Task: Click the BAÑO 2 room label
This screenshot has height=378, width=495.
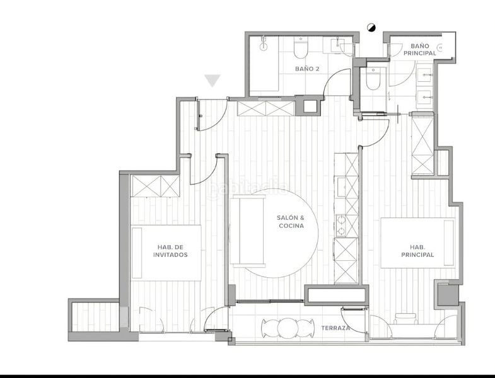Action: (307, 69)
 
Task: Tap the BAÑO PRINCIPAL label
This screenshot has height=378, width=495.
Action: (420, 50)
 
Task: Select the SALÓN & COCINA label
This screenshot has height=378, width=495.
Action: (291, 222)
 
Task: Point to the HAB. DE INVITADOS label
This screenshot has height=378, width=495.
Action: (170, 251)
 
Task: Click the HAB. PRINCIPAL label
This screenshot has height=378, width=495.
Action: (417, 251)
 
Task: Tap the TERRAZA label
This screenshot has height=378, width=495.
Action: (335, 328)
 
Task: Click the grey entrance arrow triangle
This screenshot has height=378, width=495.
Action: (213, 81)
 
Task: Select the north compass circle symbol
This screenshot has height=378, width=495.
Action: (371, 28)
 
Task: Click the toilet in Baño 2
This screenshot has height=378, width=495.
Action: (300, 48)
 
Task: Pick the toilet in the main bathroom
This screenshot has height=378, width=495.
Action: (373, 79)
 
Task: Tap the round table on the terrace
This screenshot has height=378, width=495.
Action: (288, 328)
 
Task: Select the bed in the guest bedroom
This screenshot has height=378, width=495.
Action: (166, 253)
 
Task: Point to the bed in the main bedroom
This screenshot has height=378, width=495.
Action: (418, 243)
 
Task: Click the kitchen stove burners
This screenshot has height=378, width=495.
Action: (341, 226)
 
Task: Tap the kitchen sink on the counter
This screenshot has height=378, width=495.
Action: (341, 186)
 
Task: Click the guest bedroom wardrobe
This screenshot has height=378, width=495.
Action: (155, 186)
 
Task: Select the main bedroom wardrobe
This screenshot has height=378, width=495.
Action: (422, 145)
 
